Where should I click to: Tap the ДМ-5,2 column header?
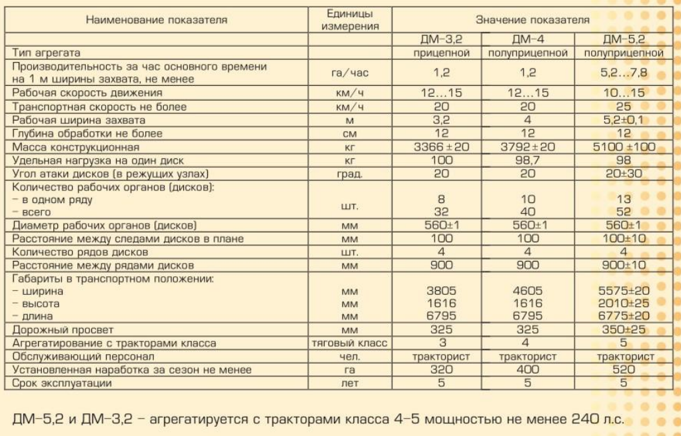tap(624, 39)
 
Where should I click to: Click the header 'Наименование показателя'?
tap(157, 20)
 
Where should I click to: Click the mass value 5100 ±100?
tap(624, 146)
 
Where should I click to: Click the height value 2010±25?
tap(624, 304)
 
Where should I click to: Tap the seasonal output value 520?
tap(624, 369)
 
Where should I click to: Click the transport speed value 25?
tap(624, 107)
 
